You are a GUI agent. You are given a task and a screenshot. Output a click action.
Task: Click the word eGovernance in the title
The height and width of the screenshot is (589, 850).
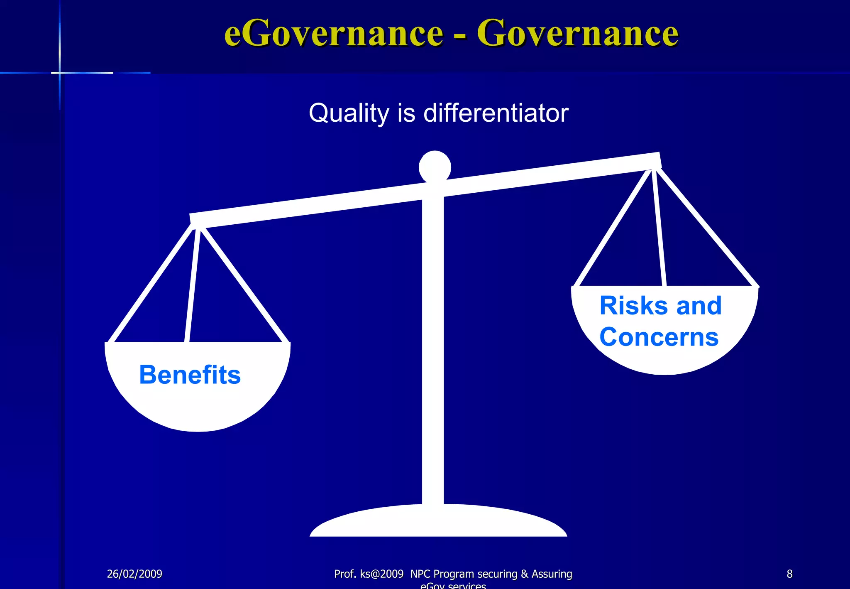[x=334, y=33]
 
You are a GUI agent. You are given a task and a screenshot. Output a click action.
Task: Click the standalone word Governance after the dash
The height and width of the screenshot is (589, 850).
[x=577, y=33]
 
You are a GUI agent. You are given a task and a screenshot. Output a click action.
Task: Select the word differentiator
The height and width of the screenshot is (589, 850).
[x=496, y=113]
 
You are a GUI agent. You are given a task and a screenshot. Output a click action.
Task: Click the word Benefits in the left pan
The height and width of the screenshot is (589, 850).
[x=190, y=375]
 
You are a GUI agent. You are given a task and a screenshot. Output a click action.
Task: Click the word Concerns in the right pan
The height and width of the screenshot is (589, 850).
[x=659, y=337]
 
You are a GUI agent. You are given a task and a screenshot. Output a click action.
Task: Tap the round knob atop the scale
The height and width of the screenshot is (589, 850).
[x=435, y=167]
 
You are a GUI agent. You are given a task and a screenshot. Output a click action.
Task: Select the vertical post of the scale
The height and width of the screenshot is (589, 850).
[x=433, y=353]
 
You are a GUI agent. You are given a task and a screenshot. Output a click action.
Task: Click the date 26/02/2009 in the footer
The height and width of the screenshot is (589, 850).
[x=134, y=574]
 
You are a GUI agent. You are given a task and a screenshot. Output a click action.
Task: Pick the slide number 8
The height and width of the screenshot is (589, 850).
[x=789, y=574]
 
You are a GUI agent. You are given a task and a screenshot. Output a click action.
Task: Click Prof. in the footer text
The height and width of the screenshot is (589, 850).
[x=345, y=574]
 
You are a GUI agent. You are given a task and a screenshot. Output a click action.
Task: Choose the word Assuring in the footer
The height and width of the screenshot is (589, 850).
[x=552, y=574]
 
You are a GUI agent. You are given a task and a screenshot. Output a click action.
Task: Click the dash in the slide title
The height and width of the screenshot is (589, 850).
[x=459, y=36]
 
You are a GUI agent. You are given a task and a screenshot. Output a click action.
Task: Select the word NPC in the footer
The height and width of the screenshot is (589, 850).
[x=420, y=574]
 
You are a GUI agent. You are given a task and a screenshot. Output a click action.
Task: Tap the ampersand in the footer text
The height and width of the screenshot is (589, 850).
[x=524, y=574]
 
